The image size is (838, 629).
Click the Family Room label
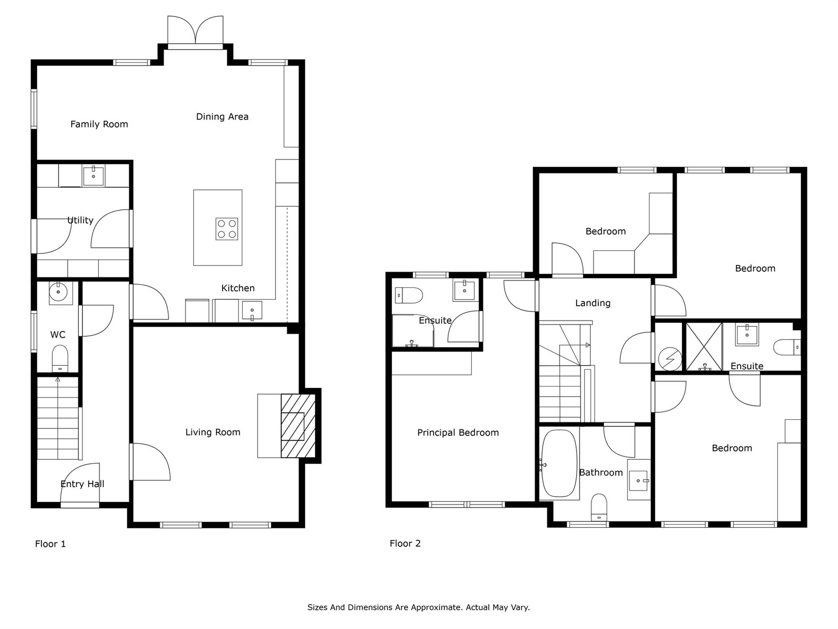99,124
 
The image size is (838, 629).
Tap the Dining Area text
222,117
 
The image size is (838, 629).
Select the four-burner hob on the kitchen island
227,229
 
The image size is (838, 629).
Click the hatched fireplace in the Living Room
298,426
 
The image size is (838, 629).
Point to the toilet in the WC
60,359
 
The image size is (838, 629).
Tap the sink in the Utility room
93,176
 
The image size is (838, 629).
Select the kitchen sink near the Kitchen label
252,311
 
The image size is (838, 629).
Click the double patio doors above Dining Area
195,30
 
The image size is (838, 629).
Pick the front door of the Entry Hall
80,484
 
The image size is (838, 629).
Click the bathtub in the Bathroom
559,463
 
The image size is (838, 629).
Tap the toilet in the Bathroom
599,508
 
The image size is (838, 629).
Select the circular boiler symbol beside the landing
670,359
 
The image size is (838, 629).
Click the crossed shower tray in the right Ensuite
704,347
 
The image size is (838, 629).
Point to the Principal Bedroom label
458,433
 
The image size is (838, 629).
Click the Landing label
593,303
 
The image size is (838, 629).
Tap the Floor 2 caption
405,543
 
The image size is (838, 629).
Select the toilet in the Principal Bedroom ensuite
409,295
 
